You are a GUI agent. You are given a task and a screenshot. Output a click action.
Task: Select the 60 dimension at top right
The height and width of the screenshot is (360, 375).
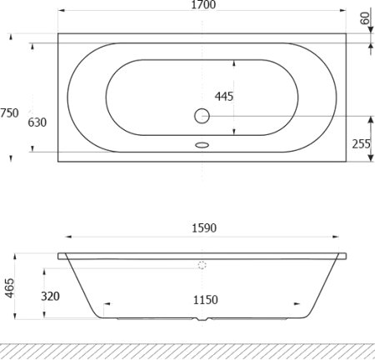tap(364, 18)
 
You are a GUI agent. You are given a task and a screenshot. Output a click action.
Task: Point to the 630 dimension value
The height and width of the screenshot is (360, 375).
tap(37, 122)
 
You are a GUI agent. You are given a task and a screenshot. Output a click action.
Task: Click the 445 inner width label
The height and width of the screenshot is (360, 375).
tap(223, 96)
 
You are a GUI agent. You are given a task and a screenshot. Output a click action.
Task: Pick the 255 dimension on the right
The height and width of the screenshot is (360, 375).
tap(360, 143)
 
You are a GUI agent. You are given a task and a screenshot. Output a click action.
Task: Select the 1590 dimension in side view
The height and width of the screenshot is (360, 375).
tap(203, 227)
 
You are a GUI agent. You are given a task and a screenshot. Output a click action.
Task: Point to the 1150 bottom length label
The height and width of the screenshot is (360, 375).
tap(204, 299)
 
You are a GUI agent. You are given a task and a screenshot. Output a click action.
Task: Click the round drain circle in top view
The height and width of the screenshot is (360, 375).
tap(202, 117)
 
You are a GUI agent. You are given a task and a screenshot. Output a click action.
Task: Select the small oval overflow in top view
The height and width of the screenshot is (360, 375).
tap(202, 144)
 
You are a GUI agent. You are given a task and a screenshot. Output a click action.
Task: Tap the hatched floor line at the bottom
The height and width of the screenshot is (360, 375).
tap(187, 350)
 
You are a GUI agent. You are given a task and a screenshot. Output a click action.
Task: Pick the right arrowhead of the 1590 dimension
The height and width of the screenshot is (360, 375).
tap(342, 238)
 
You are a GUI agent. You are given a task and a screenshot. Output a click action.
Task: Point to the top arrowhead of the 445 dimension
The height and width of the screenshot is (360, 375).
tap(236, 62)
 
